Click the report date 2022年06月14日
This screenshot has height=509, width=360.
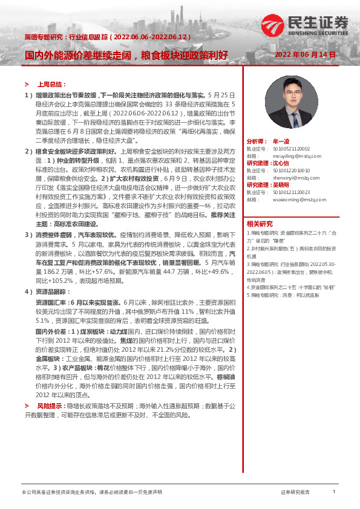tap(305, 54)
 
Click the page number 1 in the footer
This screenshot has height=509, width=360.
tap(335, 492)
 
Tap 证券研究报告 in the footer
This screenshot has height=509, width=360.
tap(295, 493)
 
